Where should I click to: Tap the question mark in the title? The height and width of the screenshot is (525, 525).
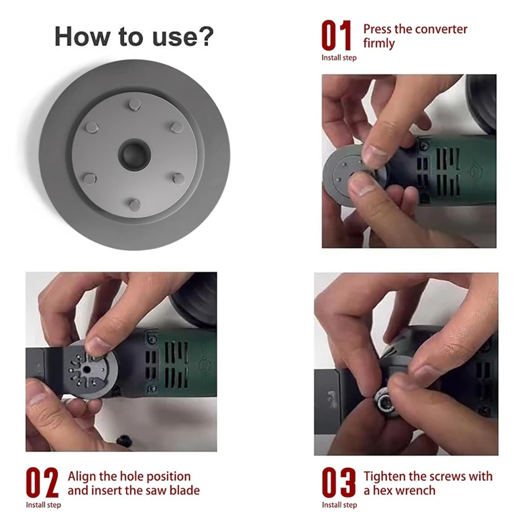[x=205, y=37]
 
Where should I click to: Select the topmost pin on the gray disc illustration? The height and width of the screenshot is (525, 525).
[x=134, y=104]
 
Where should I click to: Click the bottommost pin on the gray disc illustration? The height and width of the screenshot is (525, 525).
[x=134, y=205]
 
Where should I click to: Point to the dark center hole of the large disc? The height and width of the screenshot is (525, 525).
[x=134, y=155]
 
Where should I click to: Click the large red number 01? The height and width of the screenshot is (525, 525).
[x=336, y=36]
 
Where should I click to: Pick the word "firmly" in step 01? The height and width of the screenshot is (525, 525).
[x=379, y=44]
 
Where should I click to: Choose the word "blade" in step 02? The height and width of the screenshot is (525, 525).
[x=183, y=491]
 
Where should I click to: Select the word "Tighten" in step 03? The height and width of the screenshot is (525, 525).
[x=387, y=476]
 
